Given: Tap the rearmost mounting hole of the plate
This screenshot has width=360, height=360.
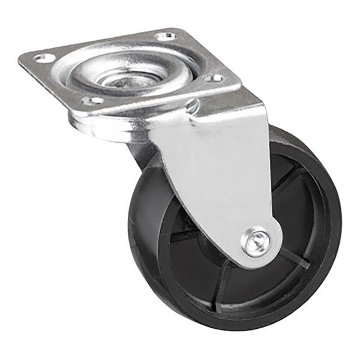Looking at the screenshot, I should (x=165, y=36).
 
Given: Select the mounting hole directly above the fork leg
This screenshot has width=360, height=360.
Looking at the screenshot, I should (x=212, y=78).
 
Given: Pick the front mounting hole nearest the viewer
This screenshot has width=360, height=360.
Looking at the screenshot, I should (x=91, y=100).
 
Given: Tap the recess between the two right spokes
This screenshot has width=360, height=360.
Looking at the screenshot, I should (x=303, y=222).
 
